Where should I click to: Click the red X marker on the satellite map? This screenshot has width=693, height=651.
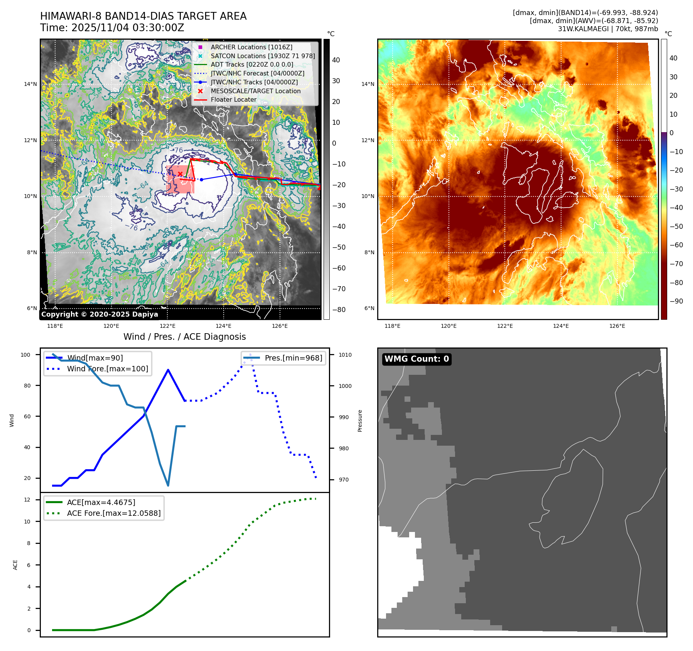point(180,174)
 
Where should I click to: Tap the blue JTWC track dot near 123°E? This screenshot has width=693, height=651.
point(201,180)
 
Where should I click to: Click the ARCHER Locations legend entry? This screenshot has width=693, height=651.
point(251,47)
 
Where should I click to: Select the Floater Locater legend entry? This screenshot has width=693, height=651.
point(233,99)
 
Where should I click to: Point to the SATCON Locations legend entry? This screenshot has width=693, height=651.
point(262,56)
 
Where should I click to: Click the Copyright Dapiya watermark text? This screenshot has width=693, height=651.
point(99,314)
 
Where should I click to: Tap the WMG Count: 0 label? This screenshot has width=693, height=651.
point(416,359)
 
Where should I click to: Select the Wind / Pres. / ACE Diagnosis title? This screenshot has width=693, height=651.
point(184,337)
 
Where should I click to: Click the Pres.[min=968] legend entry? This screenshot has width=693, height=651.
point(293,358)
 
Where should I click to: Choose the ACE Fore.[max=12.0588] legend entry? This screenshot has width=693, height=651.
point(113,513)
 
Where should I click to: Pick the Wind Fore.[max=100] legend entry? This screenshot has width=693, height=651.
point(107,369)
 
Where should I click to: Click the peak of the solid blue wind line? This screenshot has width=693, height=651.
point(168,370)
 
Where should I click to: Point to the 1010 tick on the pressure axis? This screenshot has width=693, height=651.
point(345,355)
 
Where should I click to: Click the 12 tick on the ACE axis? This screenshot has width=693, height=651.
point(27,500)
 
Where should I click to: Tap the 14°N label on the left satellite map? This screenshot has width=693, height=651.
point(30,84)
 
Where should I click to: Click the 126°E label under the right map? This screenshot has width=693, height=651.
point(617,326)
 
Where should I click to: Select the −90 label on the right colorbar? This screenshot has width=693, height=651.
point(676,301)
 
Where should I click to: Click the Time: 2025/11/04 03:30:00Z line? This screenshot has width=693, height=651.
point(112,28)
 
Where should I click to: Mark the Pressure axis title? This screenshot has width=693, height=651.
point(360,421)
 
